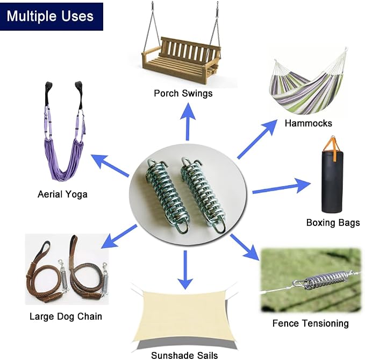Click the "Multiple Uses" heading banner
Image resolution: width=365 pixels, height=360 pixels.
[52, 16]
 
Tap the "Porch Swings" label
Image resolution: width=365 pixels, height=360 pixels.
[183, 94]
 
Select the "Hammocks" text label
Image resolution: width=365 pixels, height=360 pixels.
[308, 123]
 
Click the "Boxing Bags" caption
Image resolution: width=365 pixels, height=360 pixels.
[333, 223]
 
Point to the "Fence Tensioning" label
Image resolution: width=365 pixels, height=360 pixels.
[311, 323]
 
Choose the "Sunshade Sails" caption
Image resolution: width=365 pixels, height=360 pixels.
[184, 355]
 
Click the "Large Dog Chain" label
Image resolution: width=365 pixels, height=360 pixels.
[66, 316]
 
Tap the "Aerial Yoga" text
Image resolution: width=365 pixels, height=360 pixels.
[62, 194]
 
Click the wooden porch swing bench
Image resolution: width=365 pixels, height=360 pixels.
[181, 61]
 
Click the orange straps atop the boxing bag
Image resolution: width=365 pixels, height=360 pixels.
[333, 149]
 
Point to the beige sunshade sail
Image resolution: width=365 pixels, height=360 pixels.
[184, 315]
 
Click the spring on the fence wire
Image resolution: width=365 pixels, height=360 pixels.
[326, 279]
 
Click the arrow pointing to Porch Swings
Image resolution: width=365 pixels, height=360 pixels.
[188, 122]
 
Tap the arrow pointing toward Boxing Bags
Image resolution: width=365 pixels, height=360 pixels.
[282, 187]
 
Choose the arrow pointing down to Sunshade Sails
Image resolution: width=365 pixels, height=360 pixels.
[185, 270]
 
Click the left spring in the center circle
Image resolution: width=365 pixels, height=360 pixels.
[168, 196]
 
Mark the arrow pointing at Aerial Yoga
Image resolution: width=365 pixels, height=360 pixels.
[110, 165]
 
